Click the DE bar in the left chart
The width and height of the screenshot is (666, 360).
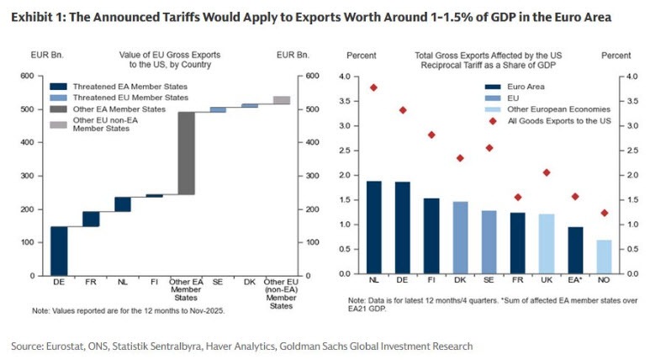coord(60,251)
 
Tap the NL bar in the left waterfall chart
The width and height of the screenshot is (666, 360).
coord(123,204)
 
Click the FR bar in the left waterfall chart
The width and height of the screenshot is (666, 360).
coord(91,219)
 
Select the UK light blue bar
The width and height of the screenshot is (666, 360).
coord(546,244)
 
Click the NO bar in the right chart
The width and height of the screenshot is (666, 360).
coord(604,257)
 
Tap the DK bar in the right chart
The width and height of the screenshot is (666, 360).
coord(460,237)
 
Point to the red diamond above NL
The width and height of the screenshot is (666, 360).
coord(374,87)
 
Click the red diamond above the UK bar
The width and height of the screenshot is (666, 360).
coord(546,172)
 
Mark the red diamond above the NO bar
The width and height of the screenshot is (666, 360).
coord(604,213)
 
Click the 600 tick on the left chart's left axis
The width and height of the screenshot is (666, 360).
coord(27,77)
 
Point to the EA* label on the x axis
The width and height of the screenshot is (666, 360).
coord(574,283)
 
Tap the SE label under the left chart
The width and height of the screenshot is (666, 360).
coord(217,283)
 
